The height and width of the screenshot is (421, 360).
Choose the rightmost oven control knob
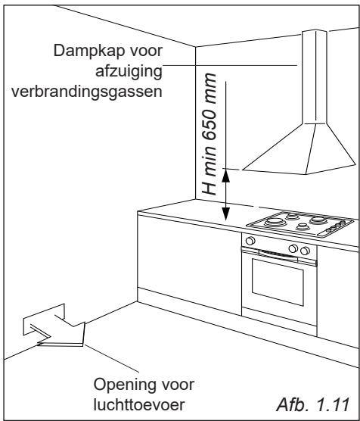(x=304, y=250)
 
